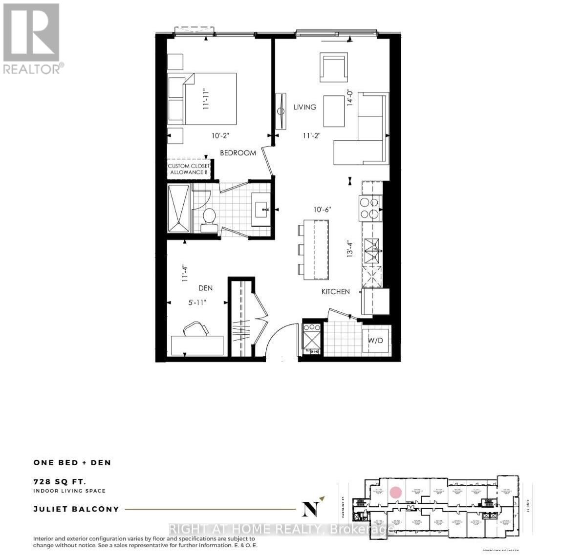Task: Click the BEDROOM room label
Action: click(x=238, y=153)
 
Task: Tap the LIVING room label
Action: click(x=305, y=107)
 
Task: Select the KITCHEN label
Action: click(x=335, y=292)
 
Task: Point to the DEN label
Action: click(x=205, y=288)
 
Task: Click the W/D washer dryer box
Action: click(x=375, y=340)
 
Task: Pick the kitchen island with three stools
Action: click(x=316, y=250)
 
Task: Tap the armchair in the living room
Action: click(x=334, y=68)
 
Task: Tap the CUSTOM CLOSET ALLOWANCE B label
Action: click(x=189, y=169)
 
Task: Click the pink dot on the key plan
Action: click(x=396, y=492)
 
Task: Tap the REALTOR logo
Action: click(x=32, y=39)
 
